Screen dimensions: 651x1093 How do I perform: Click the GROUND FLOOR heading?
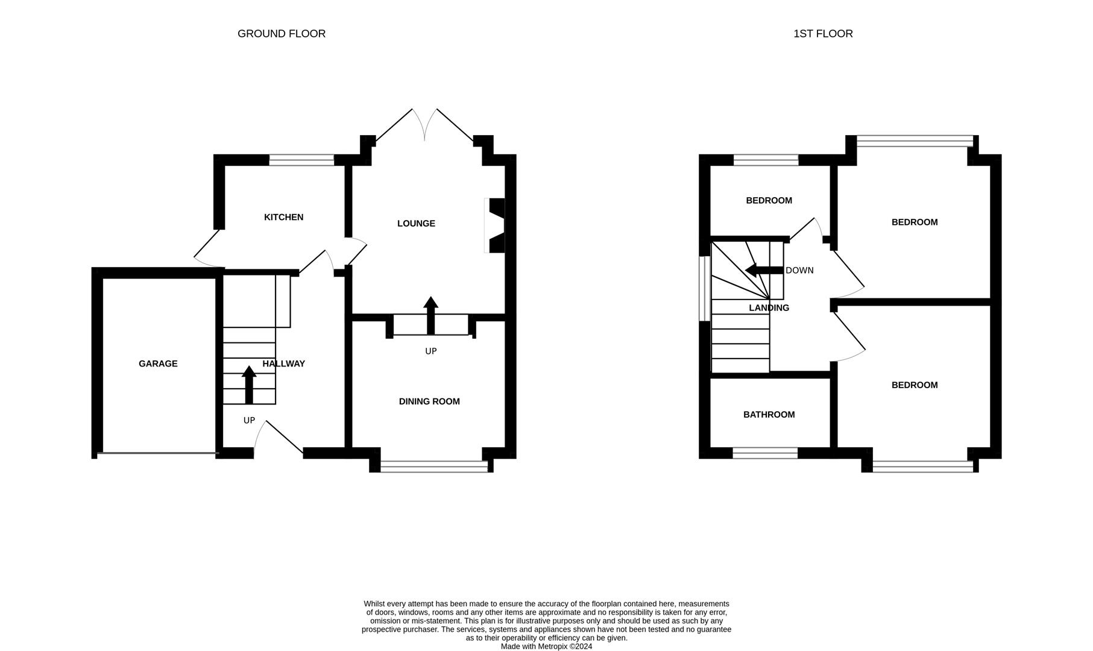(282, 34)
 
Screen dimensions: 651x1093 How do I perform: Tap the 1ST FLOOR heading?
(822, 34)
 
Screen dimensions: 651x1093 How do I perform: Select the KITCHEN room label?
(283, 217)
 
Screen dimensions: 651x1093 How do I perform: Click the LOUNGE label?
(416, 224)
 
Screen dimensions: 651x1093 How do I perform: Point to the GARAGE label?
(158, 363)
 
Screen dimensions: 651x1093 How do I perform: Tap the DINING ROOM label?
(429, 401)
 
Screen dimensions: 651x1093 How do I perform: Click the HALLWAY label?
(284, 363)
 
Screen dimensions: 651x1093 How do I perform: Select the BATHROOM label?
(769, 415)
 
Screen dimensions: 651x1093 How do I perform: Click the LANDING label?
(769, 308)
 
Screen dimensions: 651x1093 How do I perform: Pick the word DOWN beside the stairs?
(799, 271)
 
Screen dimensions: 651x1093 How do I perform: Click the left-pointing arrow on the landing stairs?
(763, 270)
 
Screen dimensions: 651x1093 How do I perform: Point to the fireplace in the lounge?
(495, 225)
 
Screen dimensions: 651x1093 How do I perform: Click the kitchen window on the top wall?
(301, 160)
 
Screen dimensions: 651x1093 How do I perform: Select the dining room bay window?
(434, 466)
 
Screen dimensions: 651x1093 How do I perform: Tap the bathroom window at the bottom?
(765, 453)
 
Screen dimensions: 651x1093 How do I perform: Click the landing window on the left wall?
(704, 288)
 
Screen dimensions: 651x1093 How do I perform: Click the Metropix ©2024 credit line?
(546, 646)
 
